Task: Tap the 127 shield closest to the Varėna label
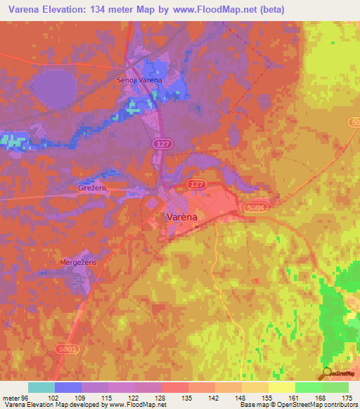pyautogui.click(x=196, y=183)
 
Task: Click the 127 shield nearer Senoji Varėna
pyautogui.click(x=161, y=143)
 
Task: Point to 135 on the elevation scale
pyautogui.click(x=186, y=397)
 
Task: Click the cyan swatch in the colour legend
pyautogui.click(x=41, y=387)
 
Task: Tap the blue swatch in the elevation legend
pyautogui.click(x=68, y=387)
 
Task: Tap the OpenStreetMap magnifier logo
pyautogui.click(x=326, y=373)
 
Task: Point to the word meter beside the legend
pyautogui.click(x=11, y=397)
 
